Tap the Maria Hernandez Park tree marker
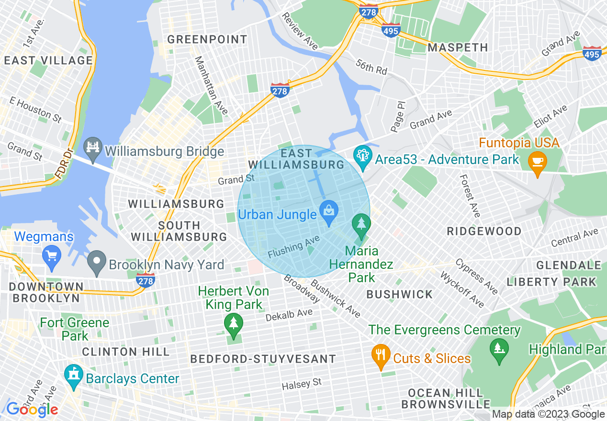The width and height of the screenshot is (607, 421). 361,224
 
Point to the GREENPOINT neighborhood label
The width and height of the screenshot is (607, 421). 207,39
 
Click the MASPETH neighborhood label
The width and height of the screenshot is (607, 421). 458,47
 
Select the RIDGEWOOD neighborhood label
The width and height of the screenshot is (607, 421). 484,231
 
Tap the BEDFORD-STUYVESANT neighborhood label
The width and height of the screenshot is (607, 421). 263,359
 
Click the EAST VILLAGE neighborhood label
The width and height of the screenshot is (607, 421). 48,60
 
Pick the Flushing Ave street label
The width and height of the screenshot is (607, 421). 293,248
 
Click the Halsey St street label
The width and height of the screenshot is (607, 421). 302,384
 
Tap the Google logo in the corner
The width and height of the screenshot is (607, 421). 32,410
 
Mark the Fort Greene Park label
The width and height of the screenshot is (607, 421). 75,329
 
